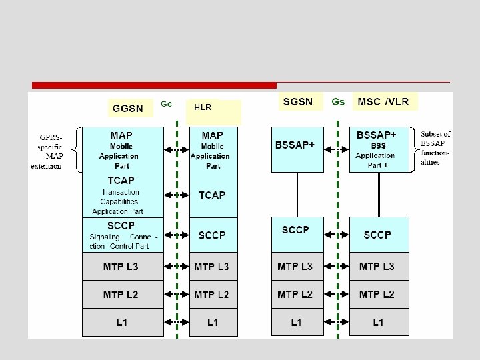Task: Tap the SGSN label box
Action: pos(297,101)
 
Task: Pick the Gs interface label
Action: pos(338,102)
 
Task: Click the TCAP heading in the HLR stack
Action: pos(213,195)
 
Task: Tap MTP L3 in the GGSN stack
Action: pos(121,267)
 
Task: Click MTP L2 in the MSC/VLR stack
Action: pos(377,294)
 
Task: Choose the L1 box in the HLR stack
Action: pos(213,323)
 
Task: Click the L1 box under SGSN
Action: pos(295,323)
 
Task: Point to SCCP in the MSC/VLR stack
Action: pos(377,235)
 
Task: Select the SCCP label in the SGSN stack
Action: pos(295,230)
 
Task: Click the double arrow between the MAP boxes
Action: pos(176,150)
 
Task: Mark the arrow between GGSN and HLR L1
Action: pos(176,323)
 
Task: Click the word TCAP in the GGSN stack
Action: pos(121,180)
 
